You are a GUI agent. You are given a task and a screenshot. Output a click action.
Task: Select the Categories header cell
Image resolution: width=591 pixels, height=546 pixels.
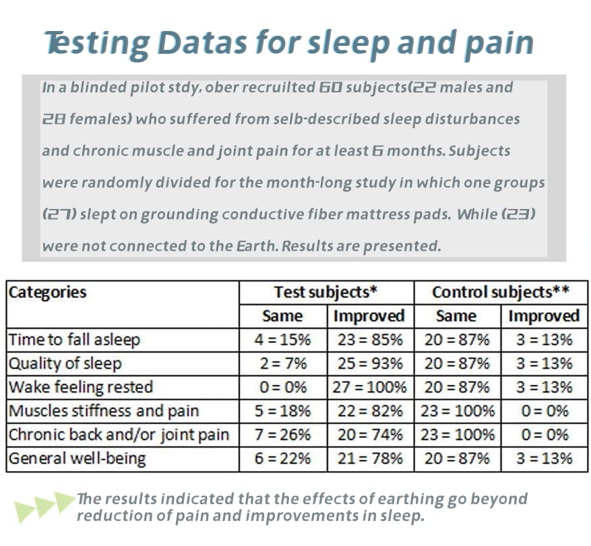click(47, 293)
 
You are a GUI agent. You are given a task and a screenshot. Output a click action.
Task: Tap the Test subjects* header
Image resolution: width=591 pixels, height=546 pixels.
click(325, 293)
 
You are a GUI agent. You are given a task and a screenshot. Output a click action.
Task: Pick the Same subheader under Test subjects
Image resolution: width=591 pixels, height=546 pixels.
click(282, 316)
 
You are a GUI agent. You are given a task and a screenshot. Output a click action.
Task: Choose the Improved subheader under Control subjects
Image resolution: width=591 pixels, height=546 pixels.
click(543, 316)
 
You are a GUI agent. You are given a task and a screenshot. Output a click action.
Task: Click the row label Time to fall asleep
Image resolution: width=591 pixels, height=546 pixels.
click(73, 339)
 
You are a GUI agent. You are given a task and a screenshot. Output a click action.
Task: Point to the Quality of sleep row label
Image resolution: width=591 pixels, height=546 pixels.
click(65, 363)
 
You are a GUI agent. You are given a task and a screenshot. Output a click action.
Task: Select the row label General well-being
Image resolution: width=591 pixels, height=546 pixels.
click(77, 458)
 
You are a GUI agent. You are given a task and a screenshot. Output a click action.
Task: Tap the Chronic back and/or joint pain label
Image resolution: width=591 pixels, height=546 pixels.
click(119, 435)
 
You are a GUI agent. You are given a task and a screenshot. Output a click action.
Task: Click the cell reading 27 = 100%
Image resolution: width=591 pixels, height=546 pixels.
click(370, 387)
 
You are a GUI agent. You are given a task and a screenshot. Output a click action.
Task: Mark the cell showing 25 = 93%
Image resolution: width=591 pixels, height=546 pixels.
click(370, 363)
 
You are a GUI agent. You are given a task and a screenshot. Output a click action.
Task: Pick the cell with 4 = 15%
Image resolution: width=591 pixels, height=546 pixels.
click(282, 339)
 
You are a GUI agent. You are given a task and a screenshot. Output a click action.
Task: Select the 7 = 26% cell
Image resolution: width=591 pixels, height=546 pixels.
click(282, 435)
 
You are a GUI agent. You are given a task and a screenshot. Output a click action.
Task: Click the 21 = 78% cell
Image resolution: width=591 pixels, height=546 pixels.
click(370, 458)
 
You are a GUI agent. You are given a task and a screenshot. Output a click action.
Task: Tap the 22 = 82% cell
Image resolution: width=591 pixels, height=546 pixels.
click(370, 411)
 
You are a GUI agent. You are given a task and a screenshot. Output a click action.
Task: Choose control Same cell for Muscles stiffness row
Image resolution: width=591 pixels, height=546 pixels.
click(457, 411)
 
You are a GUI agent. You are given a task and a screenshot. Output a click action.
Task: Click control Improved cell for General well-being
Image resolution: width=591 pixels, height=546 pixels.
click(543, 458)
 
